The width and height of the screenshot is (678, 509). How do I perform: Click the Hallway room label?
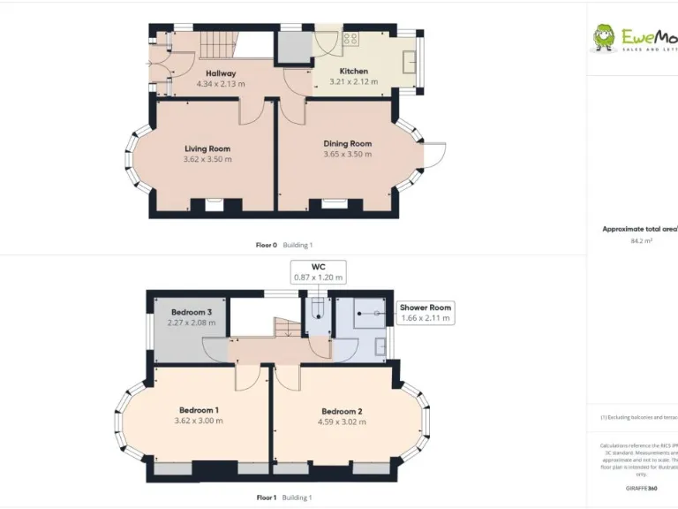(x=221, y=73)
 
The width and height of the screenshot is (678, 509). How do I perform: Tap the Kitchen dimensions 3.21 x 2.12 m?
(x=353, y=82)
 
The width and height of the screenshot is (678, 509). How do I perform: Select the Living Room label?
(x=207, y=148)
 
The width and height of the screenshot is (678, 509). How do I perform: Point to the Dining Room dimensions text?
(x=347, y=155)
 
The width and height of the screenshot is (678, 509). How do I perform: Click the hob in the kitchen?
(x=350, y=39)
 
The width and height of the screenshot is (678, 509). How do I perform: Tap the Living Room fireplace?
(x=215, y=205)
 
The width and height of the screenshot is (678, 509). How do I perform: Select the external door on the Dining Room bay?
(x=433, y=155)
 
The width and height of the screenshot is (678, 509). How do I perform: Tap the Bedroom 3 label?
(x=191, y=312)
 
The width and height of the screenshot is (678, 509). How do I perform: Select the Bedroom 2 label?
(x=343, y=411)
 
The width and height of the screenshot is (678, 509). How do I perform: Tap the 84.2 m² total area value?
(x=641, y=240)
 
